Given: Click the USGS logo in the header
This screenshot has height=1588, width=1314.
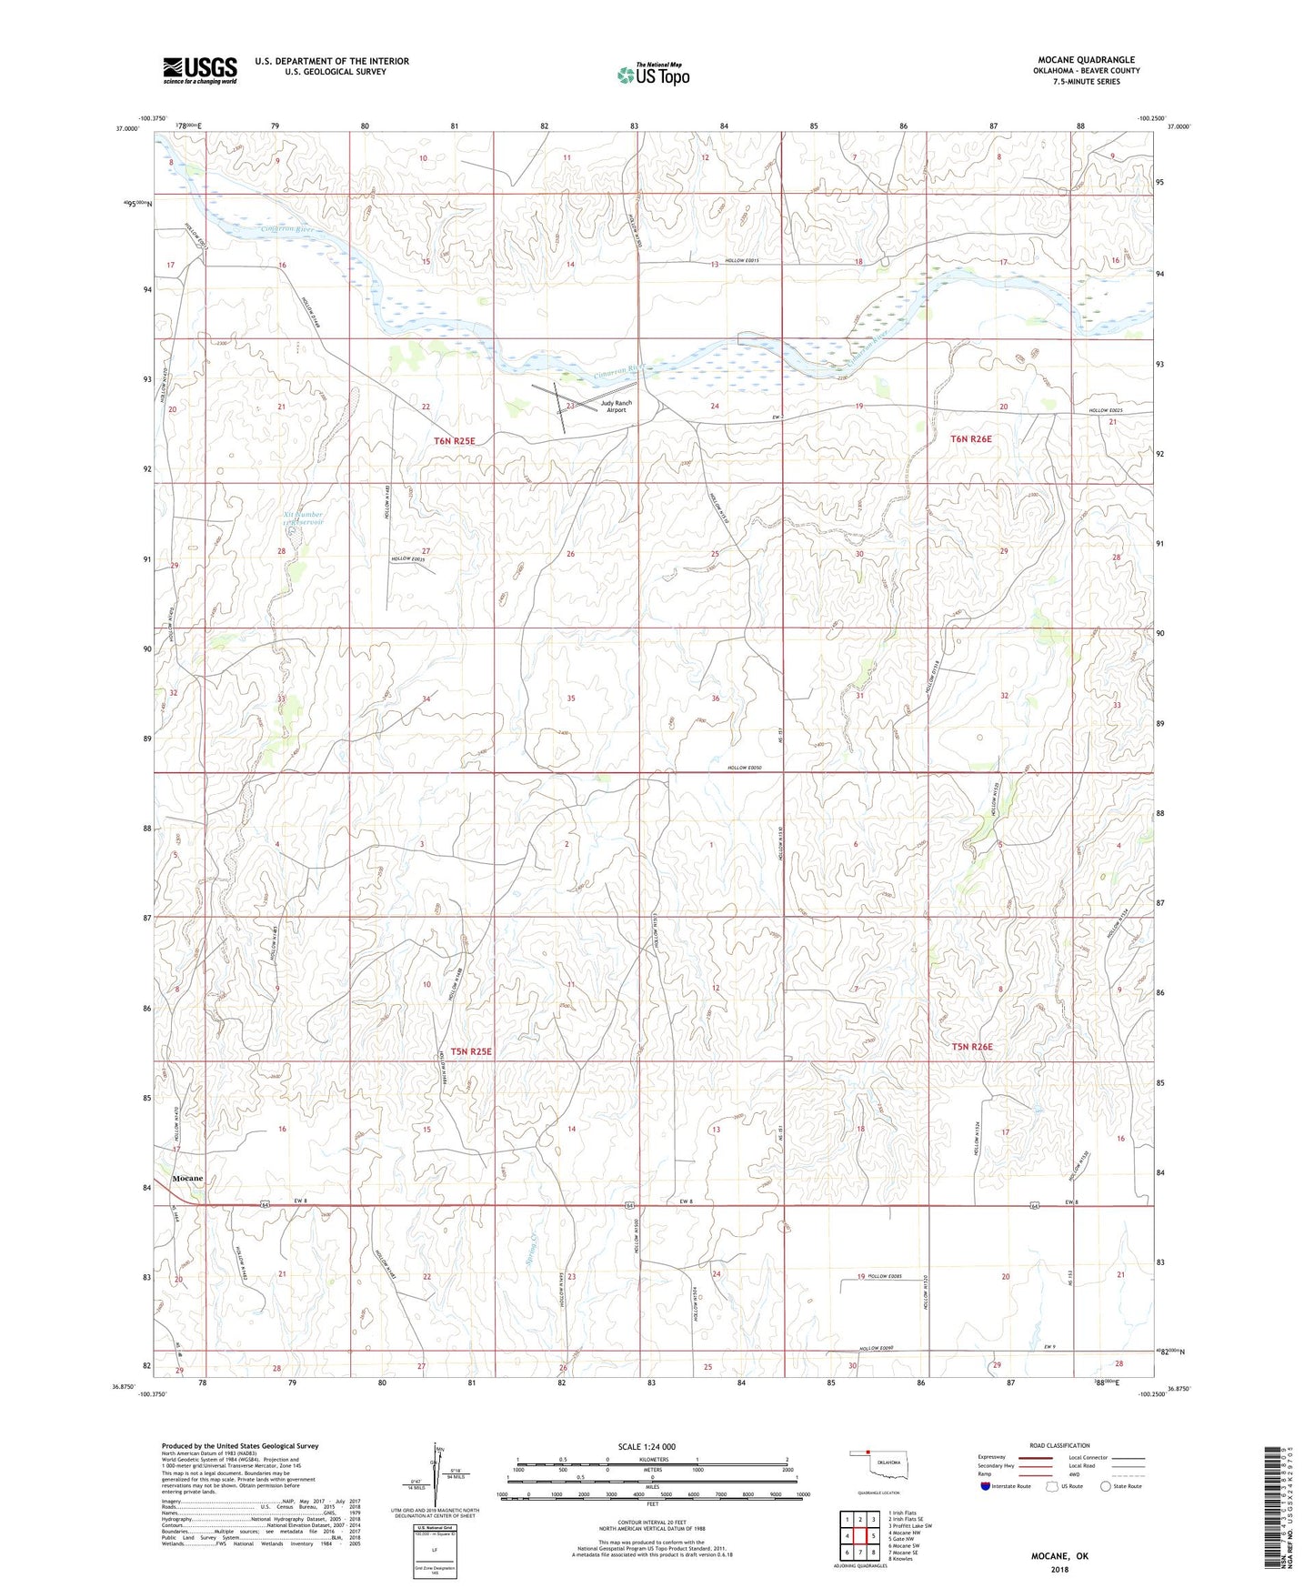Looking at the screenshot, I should [200, 69].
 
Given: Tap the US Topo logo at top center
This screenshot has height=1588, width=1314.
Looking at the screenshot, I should [652, 75].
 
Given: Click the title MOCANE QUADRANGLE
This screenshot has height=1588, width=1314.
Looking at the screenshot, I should [1086, 60].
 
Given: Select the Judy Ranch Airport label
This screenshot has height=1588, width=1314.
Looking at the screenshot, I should [616, 406].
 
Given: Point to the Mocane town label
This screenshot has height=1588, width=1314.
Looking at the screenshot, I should [187, 1178].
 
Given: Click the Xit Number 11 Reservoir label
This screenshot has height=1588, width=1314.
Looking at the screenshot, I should [303, 518].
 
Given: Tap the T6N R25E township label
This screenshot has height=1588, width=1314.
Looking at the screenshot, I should [454, 441].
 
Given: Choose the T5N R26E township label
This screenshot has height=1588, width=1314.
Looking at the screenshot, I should [972, 1047].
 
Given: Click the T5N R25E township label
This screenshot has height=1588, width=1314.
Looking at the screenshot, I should [471, 1051].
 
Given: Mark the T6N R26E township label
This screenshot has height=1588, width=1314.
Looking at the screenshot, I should [971, 439].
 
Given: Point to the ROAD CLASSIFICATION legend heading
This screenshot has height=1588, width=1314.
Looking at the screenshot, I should [1059, 1445].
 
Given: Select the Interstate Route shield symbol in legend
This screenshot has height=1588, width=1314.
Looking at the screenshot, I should [986, 1486].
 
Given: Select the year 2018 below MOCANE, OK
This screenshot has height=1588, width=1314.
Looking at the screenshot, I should [1059, 1569].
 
